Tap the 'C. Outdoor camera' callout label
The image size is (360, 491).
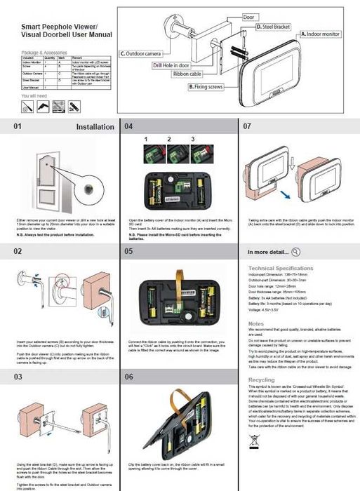coord(142,53)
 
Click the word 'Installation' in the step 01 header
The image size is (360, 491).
coord(95,127)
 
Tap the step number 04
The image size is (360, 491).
coord(128,127)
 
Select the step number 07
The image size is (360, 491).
coord(247,127)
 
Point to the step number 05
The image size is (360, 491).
coord(128,250)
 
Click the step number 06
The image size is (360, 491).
coord(128,377)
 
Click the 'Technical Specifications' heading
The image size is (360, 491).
coord(280,268)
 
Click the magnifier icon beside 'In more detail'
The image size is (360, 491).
coord(295,251)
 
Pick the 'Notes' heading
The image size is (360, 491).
coord(256,323)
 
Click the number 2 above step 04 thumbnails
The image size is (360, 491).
coord(168,140)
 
